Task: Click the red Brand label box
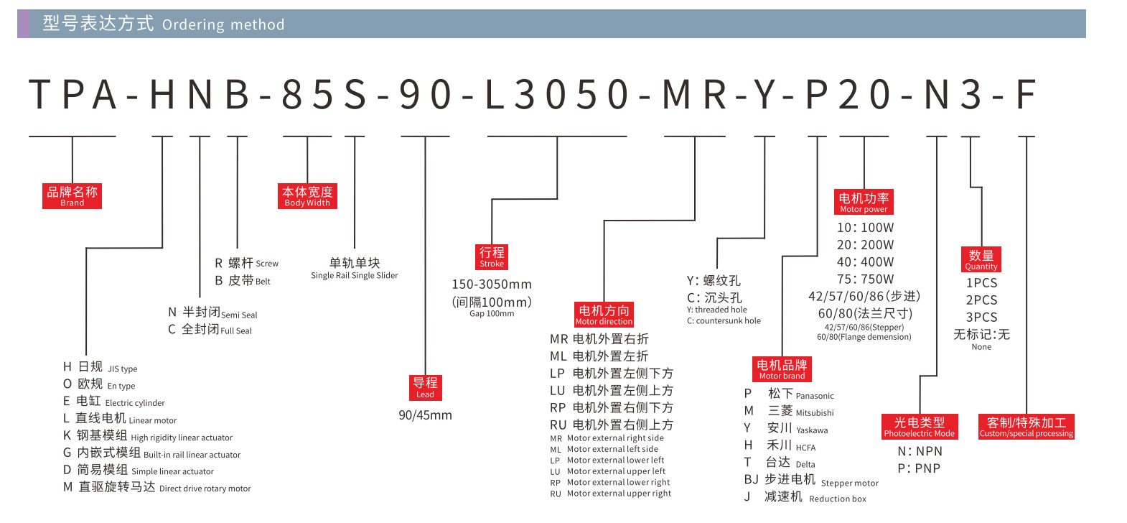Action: click(72, 196)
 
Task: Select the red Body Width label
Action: click(307, 196)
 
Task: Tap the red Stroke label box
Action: click(492, 256)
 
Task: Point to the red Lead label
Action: click(425, 388)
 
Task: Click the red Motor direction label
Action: click(604, 315)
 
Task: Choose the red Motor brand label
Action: click(782, 369)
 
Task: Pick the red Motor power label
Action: click(864, 202)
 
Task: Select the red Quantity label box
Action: click(981, 259)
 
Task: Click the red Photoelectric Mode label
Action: click(920, 427)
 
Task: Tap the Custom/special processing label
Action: click(1027, 427)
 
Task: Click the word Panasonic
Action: click(815, 396)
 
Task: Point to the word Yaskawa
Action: click(812, 430)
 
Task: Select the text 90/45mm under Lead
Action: click(425, 415)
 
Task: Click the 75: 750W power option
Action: click(866, 279)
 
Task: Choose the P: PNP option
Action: click(919, 468)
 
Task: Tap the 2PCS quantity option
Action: click(981, 300)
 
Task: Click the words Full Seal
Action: click(236, 330)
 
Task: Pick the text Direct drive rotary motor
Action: click(205, 489)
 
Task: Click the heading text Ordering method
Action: click(223, 24)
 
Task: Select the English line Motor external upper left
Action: click(616, 471)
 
